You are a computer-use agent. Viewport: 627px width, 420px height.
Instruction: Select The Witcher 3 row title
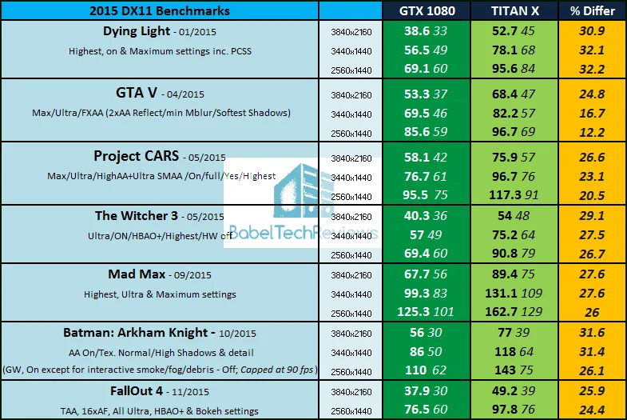[x=138, y=216]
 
